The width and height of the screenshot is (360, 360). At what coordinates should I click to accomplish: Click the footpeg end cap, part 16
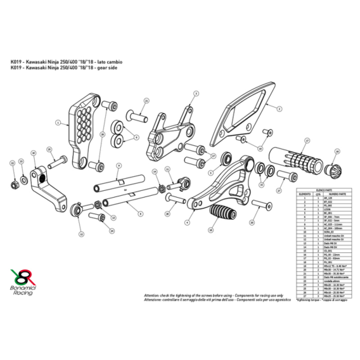(333, 170)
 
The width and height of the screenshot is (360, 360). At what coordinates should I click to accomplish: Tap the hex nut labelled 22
(13, 185)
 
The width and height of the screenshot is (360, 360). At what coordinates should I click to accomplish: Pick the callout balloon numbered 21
(146, 101)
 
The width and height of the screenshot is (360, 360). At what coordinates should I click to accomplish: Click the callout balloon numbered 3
(196, 93)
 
